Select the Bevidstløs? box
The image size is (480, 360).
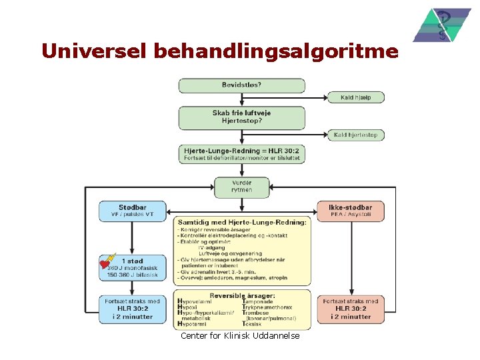pos(241,85)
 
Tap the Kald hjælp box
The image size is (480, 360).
pos(356,97)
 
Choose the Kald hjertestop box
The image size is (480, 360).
pos(356,135)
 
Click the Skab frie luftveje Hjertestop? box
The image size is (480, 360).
pos(241,117)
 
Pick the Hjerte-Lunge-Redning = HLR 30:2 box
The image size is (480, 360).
pos(241,154)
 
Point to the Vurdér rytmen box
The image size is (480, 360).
pos(241,186)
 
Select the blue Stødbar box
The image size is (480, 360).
pos(132,211)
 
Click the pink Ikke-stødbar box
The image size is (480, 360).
pos(351,211)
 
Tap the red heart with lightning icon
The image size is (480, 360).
pos(107,262)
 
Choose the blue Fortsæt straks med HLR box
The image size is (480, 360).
pos(132,309)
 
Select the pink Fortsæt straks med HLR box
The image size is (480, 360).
pos(351,309)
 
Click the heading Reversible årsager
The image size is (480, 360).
pos(241,295)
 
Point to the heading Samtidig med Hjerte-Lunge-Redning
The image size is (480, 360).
pos(241,221)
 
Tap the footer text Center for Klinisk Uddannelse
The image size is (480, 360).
pos(240,336)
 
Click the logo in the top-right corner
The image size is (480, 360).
pos(441,25)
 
